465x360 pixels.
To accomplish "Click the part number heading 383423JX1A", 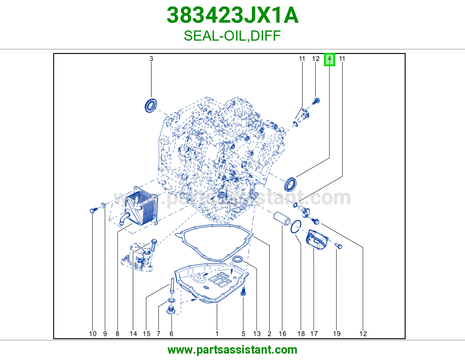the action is (233, 15).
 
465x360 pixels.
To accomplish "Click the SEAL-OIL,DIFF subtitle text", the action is (232, 36).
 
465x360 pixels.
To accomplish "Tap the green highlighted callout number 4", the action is (329, 59).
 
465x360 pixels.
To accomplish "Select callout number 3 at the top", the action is (151, 59).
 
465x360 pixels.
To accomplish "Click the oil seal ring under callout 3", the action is (151, 106).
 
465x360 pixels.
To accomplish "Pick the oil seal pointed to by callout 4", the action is (290, 184).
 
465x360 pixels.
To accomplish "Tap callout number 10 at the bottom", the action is (93, 334).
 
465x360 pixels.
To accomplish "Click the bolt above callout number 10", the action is (94, 210).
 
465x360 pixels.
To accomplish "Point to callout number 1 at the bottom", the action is (217, 334).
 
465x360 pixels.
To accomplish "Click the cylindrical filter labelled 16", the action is (282, 219).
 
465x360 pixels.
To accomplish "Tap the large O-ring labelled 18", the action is (296, 227).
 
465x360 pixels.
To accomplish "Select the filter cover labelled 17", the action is (317, 240).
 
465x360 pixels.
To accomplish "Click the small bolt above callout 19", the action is (338, 246).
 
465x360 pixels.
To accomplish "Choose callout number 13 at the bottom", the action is (257, 334).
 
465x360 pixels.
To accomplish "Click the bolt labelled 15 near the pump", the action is (154, 245).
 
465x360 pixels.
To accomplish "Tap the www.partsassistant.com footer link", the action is (233, 350).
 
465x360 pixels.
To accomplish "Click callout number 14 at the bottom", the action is (133, 334).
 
